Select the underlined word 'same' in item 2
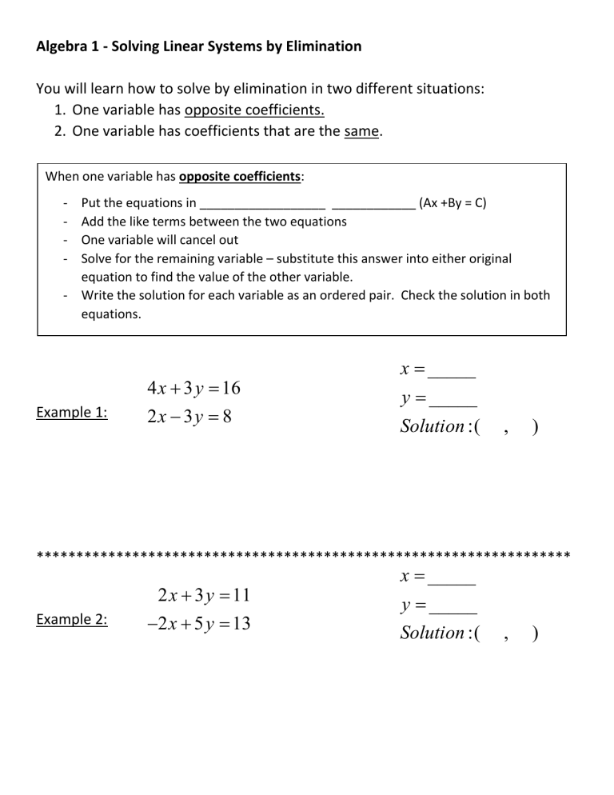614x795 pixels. point(362,130)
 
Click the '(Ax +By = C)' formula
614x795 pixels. point(453,202)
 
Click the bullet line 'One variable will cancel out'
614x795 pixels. point(159,239)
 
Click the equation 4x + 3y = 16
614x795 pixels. point(194,388)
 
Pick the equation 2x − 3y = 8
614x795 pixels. point(189,416)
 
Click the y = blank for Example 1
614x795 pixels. point(453,401)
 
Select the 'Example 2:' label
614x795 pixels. point(73,620)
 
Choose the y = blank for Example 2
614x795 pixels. point(453,608)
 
